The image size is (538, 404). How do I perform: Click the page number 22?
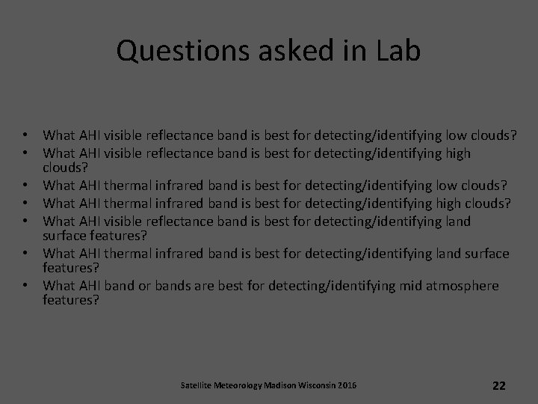(x=499, y=385)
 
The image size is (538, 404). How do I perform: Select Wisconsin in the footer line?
(x=318, y=385)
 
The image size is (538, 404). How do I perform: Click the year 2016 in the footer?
(x=347, y=385)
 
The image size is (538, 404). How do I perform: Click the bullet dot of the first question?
(x=25, y=136)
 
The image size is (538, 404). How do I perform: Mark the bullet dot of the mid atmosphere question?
(x=25, y=286)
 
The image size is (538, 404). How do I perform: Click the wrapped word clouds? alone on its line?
(x=66, y=169)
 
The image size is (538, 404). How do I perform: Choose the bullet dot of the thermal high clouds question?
(x=25, y=202)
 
